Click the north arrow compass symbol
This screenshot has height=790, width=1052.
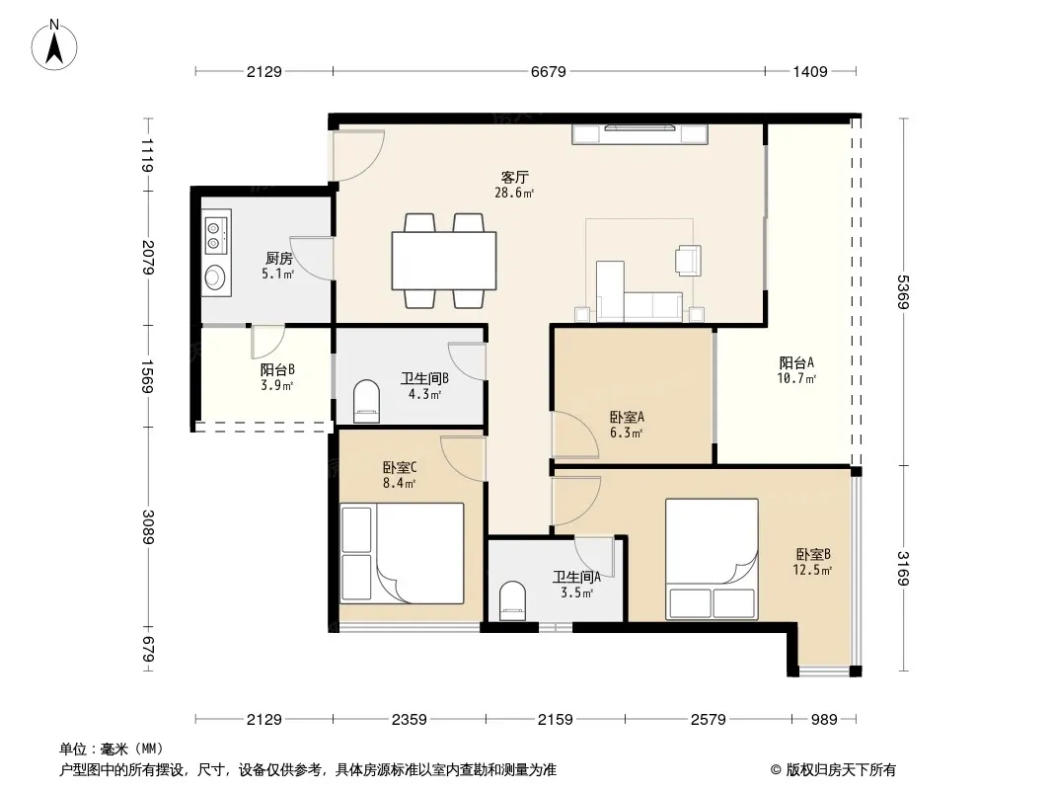[54, 45]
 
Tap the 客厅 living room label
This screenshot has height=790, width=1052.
[514, 177]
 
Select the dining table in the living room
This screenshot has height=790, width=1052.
[444, 261]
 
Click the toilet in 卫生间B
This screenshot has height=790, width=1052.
[366, 401]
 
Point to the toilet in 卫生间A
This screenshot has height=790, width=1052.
[513, 600]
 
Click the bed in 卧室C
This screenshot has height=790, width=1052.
[403, 553]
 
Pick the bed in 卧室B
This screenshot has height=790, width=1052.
[712, 559]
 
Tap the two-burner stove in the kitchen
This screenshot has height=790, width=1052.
[216, 231]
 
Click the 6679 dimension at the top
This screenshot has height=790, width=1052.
[548, 71]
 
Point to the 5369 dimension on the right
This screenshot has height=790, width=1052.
[904, 292]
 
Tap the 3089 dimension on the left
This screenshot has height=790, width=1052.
[148, 527]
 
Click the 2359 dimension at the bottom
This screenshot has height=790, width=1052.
[410, 720]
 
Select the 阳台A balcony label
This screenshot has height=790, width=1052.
[797, 362]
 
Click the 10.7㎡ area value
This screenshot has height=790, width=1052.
[796, 378]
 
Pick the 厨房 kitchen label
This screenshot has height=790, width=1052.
[279, 258]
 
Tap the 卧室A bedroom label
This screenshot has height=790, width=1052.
[627, 417]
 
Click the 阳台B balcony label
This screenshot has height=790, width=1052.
[277, 369]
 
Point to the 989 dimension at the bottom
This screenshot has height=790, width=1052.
[824, 720]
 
